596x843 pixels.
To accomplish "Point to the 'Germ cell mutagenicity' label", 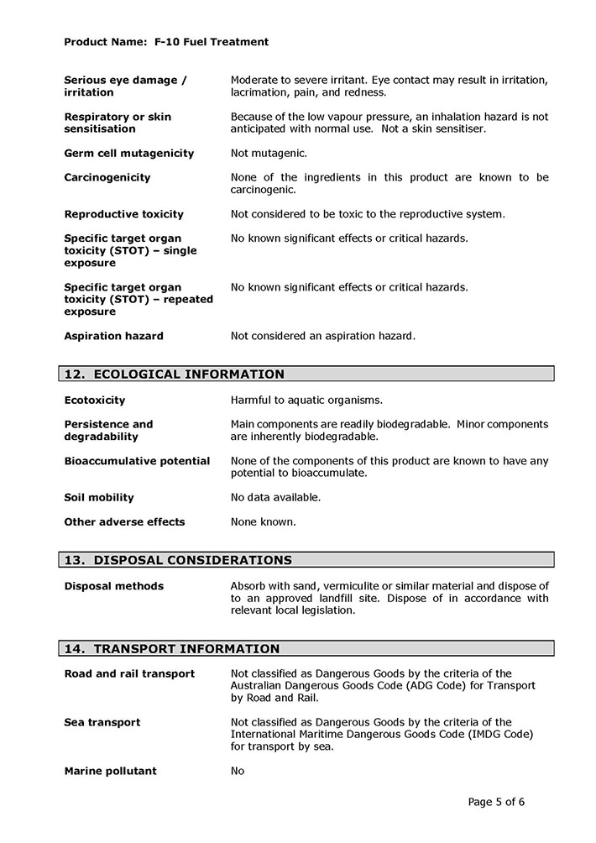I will click(x=128, y=154).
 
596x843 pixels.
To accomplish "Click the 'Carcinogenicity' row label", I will click(x=107, y=178).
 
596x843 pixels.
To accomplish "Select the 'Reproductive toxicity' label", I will click(x=123, y=214).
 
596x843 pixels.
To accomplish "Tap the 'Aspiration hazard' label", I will click(x=113, y=336).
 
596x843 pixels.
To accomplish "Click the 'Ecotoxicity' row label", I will click(x=95, y=401).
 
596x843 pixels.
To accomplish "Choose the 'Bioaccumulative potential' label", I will click(x=137, y=461).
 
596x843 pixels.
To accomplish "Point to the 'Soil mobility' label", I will click(x=99, y=497).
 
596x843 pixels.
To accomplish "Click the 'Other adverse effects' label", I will click(x=124, y=521).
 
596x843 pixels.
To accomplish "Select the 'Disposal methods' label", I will click(x=113, y=586).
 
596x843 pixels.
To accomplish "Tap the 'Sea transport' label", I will click(x=102, y=722).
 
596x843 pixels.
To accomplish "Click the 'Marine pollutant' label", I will click(x=110, y=771).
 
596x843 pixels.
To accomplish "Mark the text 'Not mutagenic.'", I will click(x=269, y=154).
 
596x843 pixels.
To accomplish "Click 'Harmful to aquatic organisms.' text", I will click(x=306, y=401).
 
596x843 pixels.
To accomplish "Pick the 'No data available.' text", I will click(x=275, y=497).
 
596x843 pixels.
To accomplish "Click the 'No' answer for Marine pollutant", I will click(x=238, y=771).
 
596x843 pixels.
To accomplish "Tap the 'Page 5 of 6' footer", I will click(x=496, y=802).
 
